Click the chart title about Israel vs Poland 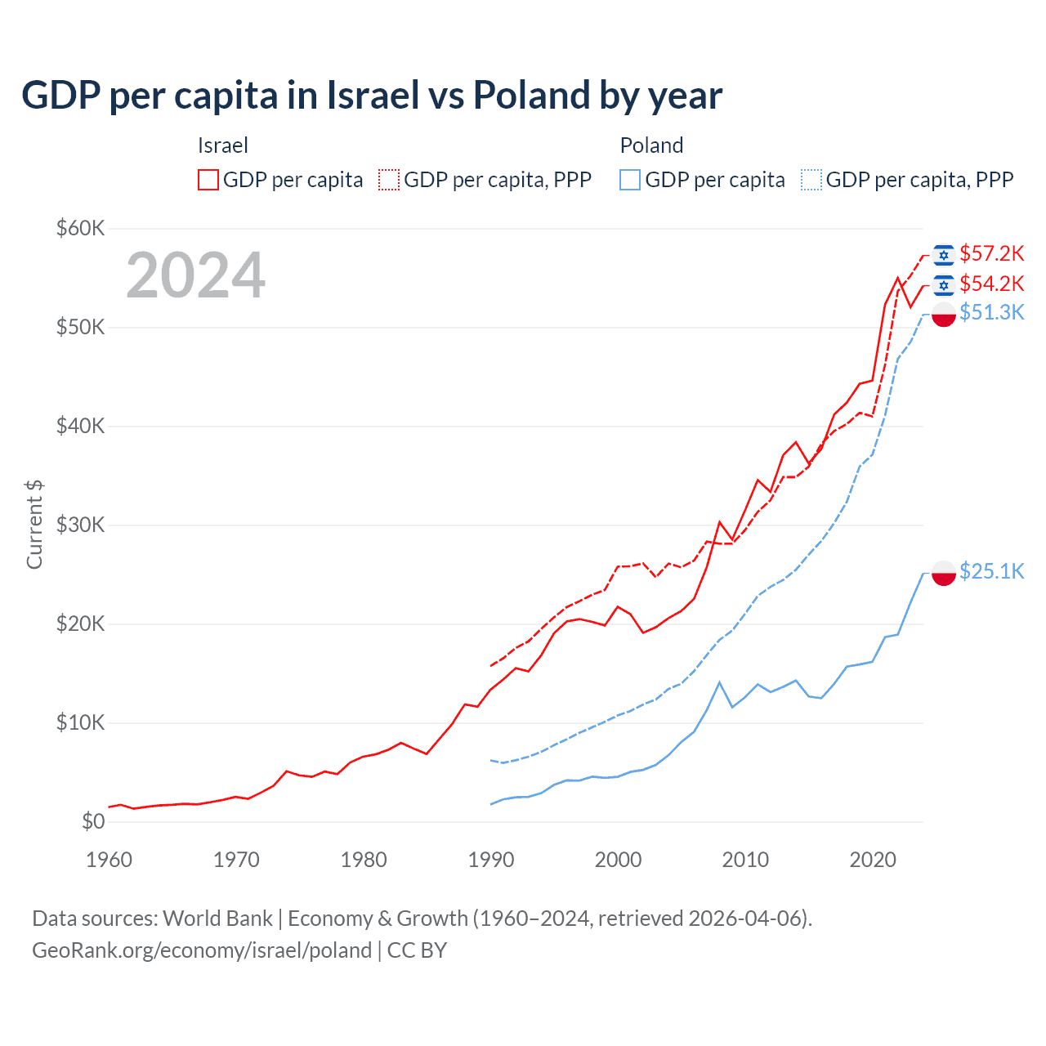coord(372,96)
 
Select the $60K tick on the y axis coord(80,228)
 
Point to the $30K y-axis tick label coord(80,525)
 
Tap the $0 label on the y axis coord(93,821)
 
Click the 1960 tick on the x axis coord(109,860)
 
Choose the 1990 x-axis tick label coord(491,860)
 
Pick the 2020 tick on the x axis coord(873,860)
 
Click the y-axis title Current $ coord(34,525)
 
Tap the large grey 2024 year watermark coord(196,275)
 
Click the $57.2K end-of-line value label coord(991,253)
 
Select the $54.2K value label coord(991,284)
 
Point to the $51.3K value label coord(991,312)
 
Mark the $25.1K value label coord(991,571)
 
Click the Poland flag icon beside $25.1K coord(944,573)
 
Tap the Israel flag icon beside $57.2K coord(944,255)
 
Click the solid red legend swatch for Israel coord(208,180)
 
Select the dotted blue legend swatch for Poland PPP coord(811,180)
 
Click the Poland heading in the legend coord(651,145)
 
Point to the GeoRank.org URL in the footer coord(202,950)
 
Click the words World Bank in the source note coord(217,919)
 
